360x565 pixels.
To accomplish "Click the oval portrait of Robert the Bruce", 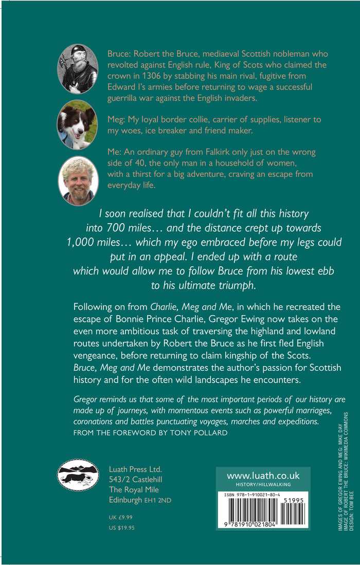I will (77, 68).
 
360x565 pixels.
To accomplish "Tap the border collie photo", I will (77, 124).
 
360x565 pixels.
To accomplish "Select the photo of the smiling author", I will (78, 181).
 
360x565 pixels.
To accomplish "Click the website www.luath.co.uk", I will (263, 476).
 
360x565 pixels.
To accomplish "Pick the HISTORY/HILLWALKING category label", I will (263, 485).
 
